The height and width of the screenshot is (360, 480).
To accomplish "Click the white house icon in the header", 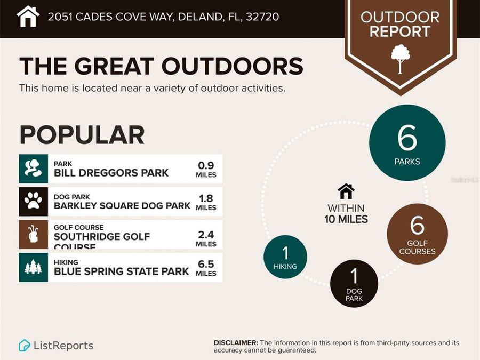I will click(28, 17).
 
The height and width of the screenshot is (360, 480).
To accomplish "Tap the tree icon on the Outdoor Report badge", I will click(400, 58).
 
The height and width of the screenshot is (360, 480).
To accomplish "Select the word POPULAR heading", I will click(82, 135).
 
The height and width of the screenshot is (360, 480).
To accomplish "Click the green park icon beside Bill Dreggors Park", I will click(33, 169).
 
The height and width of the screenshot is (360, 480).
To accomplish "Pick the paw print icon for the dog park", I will click(33, 201).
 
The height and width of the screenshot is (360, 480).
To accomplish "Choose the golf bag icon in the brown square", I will click(33, 234).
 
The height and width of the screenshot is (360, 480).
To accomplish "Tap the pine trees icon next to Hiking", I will click(33, 267).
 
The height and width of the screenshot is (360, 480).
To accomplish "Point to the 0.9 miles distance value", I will click(206, 169).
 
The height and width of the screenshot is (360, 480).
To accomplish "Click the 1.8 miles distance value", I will click(206, 202).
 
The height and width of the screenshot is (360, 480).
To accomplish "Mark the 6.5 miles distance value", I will click(206, 268).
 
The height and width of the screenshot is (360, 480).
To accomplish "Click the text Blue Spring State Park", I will click(121, 271).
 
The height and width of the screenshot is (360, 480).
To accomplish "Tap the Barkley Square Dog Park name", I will click(122, 205).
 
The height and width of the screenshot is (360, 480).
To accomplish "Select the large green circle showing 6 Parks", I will click(407, 142).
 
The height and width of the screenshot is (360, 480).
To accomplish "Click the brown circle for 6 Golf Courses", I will click(417, 233).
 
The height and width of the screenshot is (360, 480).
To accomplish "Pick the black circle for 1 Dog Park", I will click(354, 283).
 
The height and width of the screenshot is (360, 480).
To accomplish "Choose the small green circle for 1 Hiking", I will click(286, 257).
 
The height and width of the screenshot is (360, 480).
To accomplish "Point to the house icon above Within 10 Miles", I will click(346, 191).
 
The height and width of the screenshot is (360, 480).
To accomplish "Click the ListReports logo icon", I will click(25, 346).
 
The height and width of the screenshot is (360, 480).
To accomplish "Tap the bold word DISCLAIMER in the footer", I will click(236, 342).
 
